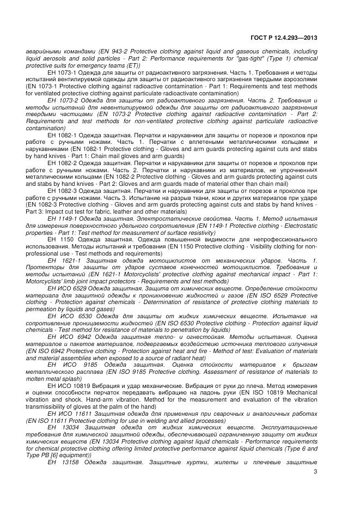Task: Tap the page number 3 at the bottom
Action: coord(315,472)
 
